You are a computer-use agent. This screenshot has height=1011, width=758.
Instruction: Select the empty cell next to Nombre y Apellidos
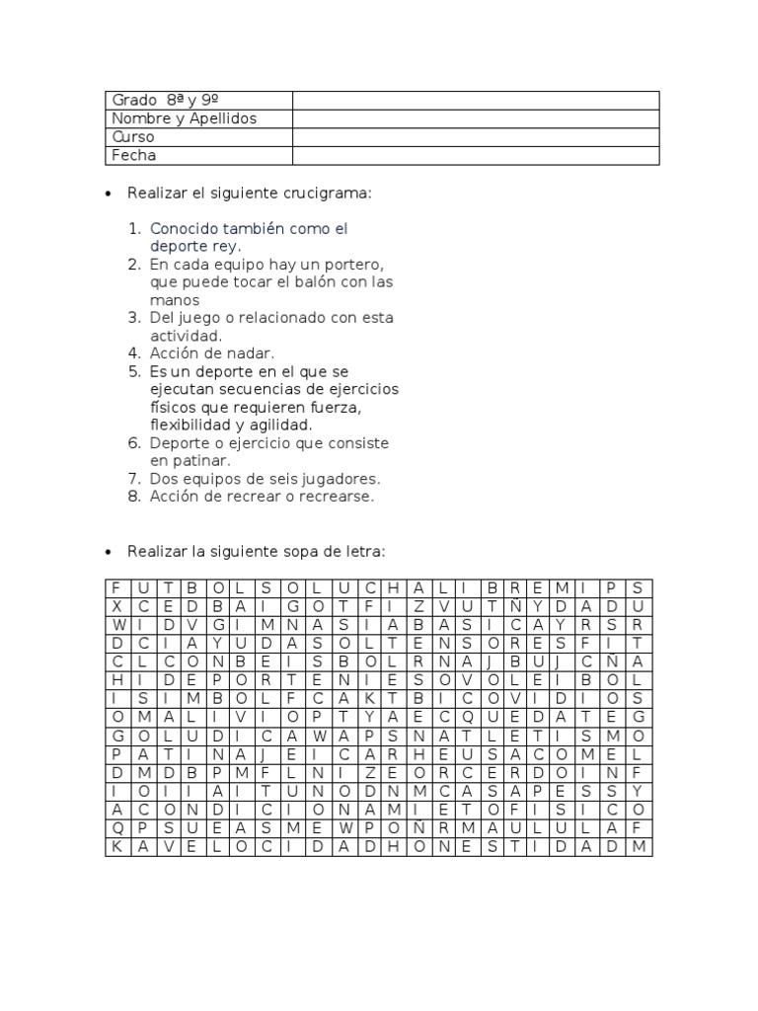click(476, 118)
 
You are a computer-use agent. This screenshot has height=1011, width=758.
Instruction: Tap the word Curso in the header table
click(133, 137)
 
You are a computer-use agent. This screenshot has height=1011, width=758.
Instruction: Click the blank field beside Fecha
click(476, 155)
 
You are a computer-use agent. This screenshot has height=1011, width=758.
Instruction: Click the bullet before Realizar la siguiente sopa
click(109, 549)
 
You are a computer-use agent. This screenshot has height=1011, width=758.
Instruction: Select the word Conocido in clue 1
click(181, 228)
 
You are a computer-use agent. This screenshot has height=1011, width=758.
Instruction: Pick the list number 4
click(135, 353)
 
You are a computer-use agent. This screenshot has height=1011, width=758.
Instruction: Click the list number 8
click(135, 497)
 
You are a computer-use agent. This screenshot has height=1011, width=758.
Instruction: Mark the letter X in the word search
click(115, 606)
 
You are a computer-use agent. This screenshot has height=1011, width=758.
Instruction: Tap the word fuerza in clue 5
click(360, 407)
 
